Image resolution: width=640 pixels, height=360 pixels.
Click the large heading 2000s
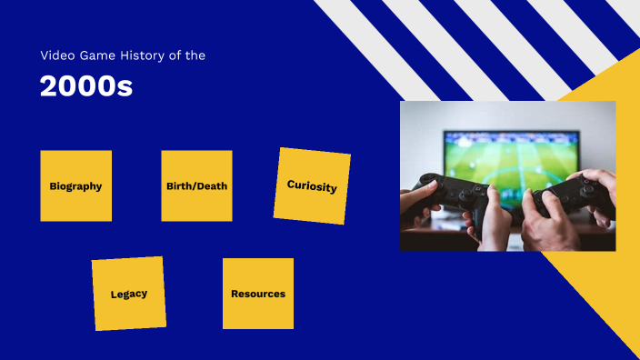(85, 86)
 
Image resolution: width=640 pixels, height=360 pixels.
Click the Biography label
(75, 186)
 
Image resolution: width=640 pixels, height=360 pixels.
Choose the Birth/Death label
(196, 186)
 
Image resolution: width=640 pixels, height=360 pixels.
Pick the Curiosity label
(312, 186)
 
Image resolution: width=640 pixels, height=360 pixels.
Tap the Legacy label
(128, 295)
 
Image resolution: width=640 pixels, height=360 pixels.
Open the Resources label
(258, 295)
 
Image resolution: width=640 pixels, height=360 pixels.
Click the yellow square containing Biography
(75, 164)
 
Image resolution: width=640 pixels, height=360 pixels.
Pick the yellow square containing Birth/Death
(196, 164)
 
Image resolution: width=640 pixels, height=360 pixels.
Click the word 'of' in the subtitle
(177, 55)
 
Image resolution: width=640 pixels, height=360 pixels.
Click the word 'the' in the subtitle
(196, 55)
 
